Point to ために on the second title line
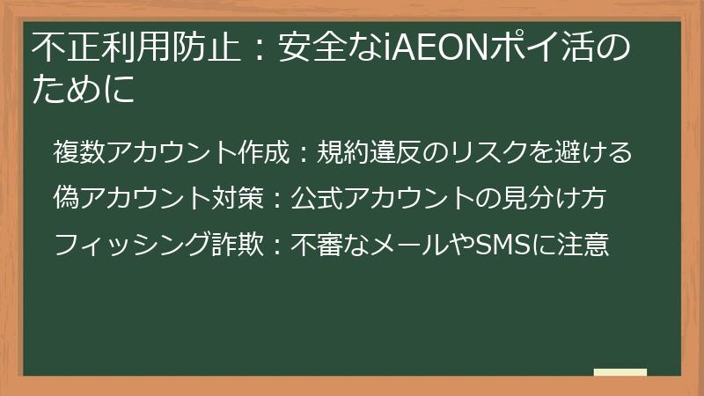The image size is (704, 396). coord(84,90)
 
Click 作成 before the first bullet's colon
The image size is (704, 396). coord(263,153)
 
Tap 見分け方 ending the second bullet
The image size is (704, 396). coord(563,197)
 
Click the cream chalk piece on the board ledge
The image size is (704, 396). coord(620,372)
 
